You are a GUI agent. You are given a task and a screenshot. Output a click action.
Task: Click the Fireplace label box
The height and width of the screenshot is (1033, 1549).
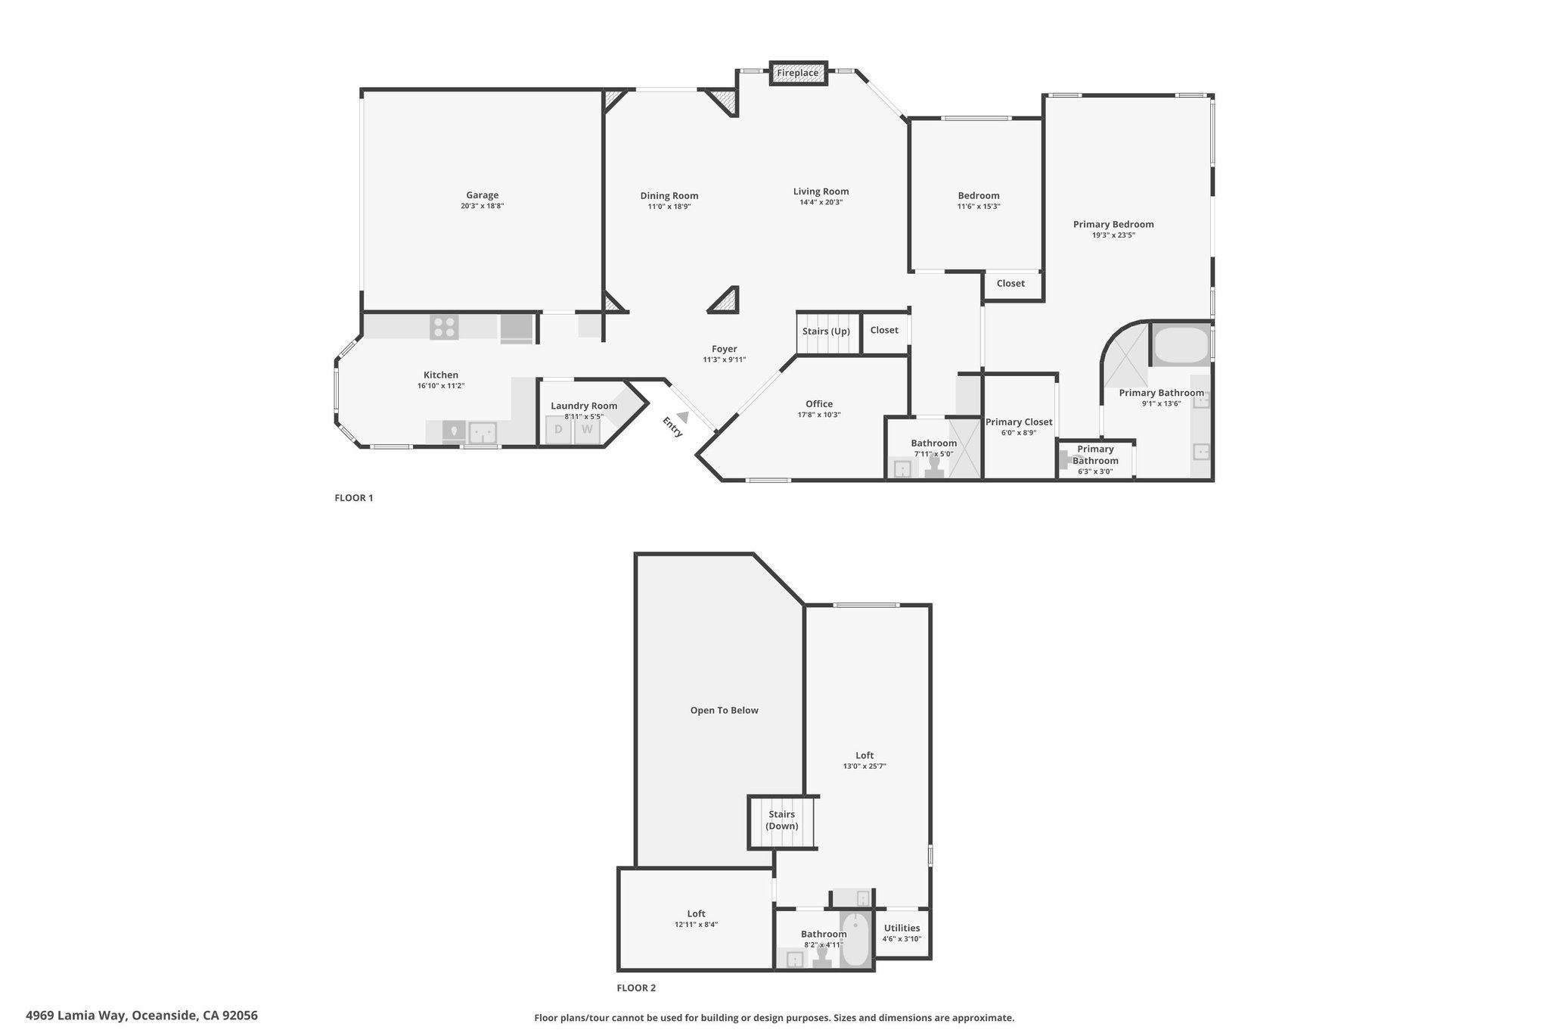click(x=798, y=73)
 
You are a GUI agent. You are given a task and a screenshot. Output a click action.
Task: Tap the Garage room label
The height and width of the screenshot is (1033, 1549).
click(x=482, y=195)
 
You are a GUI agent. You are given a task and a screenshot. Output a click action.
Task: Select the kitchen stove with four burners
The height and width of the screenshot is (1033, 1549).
click(x=443, y=327)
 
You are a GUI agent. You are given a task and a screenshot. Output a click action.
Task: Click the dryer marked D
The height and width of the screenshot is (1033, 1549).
click(x=559, y=430)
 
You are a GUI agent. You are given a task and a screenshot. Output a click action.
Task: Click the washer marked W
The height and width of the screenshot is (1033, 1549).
click(x=587, y=430)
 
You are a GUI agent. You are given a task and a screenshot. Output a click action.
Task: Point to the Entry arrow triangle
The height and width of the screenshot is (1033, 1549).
click(x=683, y=417)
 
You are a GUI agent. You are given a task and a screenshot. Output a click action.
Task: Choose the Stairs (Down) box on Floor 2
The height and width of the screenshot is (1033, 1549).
click(x=783, y=821)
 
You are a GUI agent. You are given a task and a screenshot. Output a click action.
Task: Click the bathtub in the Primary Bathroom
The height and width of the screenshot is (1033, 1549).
click(x=1181, y=346)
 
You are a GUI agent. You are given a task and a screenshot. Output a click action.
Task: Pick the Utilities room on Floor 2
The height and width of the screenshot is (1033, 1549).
click(x=902, y=932)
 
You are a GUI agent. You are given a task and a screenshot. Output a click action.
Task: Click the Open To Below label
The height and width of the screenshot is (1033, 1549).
click(x=724, y=710)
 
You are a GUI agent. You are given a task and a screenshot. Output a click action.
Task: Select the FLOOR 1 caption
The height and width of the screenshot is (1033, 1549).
click(x=354, y=498)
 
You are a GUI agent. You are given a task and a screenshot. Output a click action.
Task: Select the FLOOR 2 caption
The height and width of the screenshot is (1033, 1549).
click(x=636, y=988)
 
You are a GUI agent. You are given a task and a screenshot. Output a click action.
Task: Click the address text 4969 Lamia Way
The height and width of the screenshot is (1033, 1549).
click(x=76, y=1016)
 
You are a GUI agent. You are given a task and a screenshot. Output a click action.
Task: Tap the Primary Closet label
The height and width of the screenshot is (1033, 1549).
click(x=1019, y=422)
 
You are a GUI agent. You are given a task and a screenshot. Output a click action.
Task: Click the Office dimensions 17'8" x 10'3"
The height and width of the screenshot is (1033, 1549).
click(x=818, y=415)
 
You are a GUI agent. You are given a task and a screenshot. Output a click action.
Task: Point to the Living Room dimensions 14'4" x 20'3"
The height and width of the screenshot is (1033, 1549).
click(x=821, y=202)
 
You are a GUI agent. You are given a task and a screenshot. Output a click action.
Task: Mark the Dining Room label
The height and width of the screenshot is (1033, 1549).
click(x=669, y=195)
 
